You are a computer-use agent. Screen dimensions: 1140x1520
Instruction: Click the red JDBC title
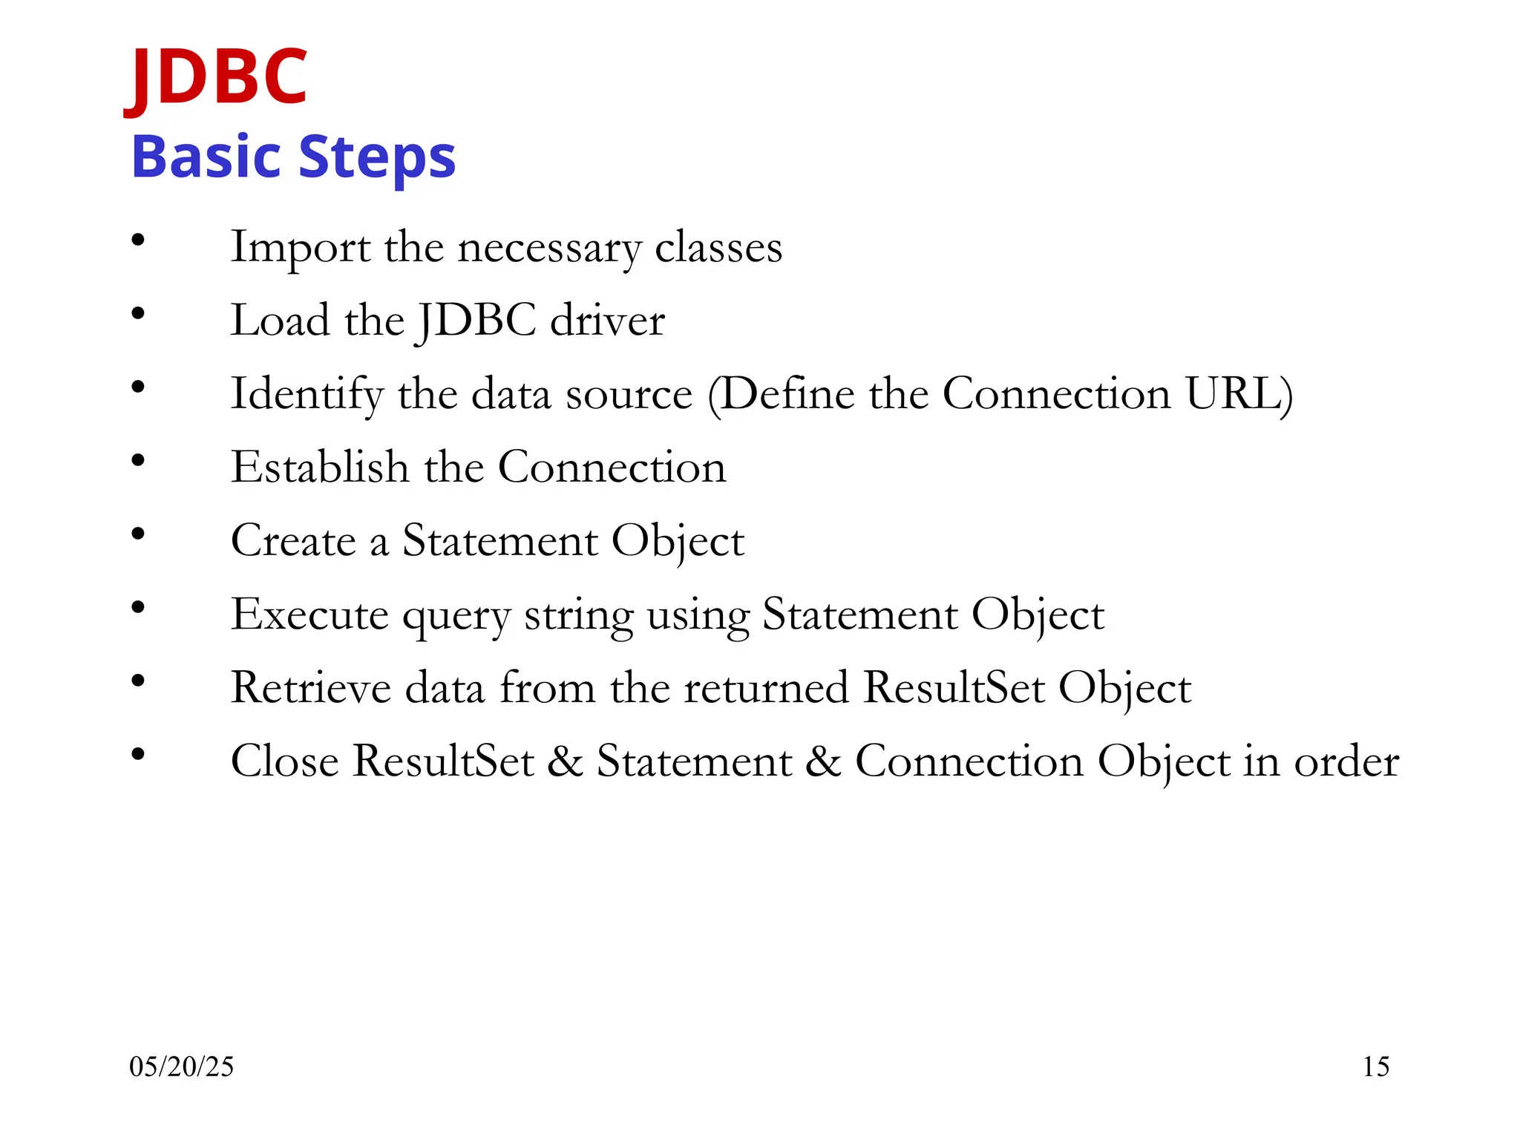216,76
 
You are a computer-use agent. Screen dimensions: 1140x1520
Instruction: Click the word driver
607,321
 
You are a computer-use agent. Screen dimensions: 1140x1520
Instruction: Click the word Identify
307,394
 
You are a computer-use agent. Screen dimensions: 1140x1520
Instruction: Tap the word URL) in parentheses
1239,393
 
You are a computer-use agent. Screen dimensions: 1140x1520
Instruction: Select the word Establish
320,468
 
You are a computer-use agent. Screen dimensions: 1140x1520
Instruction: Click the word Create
293,540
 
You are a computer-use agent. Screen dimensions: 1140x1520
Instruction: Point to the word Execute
309,615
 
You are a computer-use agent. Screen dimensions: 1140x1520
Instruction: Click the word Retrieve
311,687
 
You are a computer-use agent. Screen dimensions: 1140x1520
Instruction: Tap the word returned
766,687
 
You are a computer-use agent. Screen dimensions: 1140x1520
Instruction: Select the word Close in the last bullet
284,761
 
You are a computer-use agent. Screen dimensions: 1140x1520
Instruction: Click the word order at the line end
1346,761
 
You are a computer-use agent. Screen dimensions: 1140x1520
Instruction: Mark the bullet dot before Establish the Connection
138,461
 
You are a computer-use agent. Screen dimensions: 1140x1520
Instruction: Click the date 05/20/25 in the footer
181,1067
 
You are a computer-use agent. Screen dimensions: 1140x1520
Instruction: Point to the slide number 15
1375,1067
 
